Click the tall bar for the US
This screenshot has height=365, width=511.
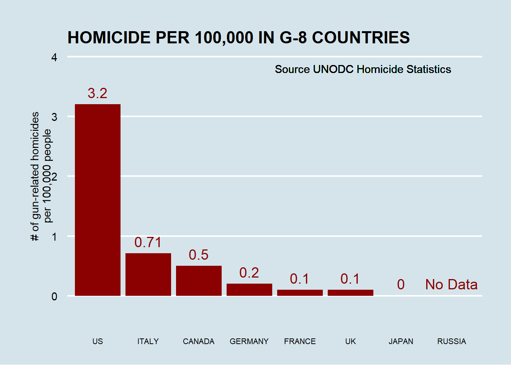coord(98,200)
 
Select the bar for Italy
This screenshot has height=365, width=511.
coord(148,274)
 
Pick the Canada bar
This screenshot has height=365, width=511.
coord(199,281)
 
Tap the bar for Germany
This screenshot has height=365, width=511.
coord(249,289)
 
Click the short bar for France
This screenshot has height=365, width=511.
coord(300,292)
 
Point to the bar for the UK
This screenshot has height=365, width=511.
coord(351,292)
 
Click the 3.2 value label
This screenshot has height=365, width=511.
coord(98,93)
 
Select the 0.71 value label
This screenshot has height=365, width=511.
coord(148,242)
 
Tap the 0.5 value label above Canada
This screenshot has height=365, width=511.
coord(199,255)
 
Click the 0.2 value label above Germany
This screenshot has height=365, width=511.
coord(249,273)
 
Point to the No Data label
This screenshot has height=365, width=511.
coord(451,284)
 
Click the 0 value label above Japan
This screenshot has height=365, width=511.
coord(401,284)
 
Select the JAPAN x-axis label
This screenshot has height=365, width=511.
coord(401,341)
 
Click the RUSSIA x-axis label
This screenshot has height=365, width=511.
coord(451,341)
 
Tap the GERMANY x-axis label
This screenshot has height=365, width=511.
coord(249,341)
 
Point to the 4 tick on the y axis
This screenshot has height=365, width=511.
coord(54,57)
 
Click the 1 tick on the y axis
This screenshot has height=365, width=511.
coord(54,237)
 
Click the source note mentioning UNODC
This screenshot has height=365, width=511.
coord(363,69)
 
